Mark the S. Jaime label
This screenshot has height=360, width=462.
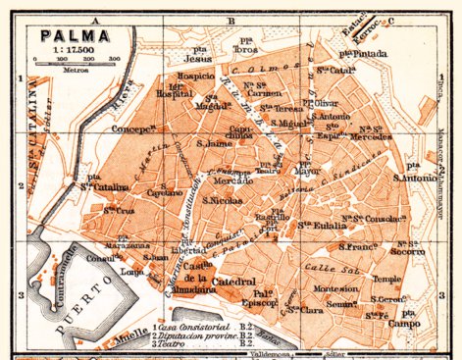213,144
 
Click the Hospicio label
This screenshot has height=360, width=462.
196,75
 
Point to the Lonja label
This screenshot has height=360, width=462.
131,270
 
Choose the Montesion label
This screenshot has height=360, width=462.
335,289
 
